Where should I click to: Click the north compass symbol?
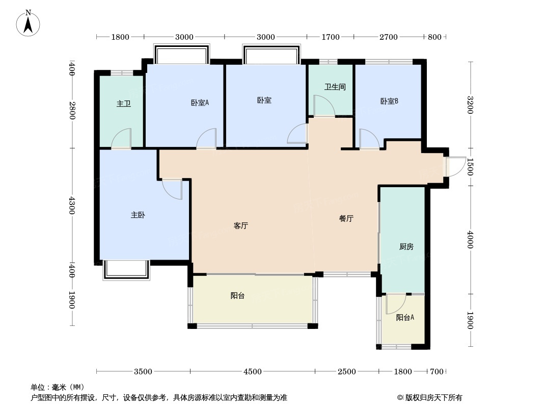(28, 23)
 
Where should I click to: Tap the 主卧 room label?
(138, 215)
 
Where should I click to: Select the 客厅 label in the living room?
(240, 225)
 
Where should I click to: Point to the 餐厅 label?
(346, 218)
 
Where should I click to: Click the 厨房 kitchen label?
(406, 247)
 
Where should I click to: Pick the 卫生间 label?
(335, 87)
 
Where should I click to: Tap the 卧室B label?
(389, 101)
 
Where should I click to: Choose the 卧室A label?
(200, 103)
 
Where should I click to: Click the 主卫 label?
(124, 104)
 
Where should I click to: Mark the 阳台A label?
(405, 318)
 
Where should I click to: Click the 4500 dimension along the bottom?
(253, 372)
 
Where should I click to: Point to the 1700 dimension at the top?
(331, 37)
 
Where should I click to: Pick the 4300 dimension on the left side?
(72, 205)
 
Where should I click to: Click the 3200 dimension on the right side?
(470, 105)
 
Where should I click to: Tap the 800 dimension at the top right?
(435, 37)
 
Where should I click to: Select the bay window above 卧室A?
(182, 54)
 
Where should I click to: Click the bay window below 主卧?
(126, 270)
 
